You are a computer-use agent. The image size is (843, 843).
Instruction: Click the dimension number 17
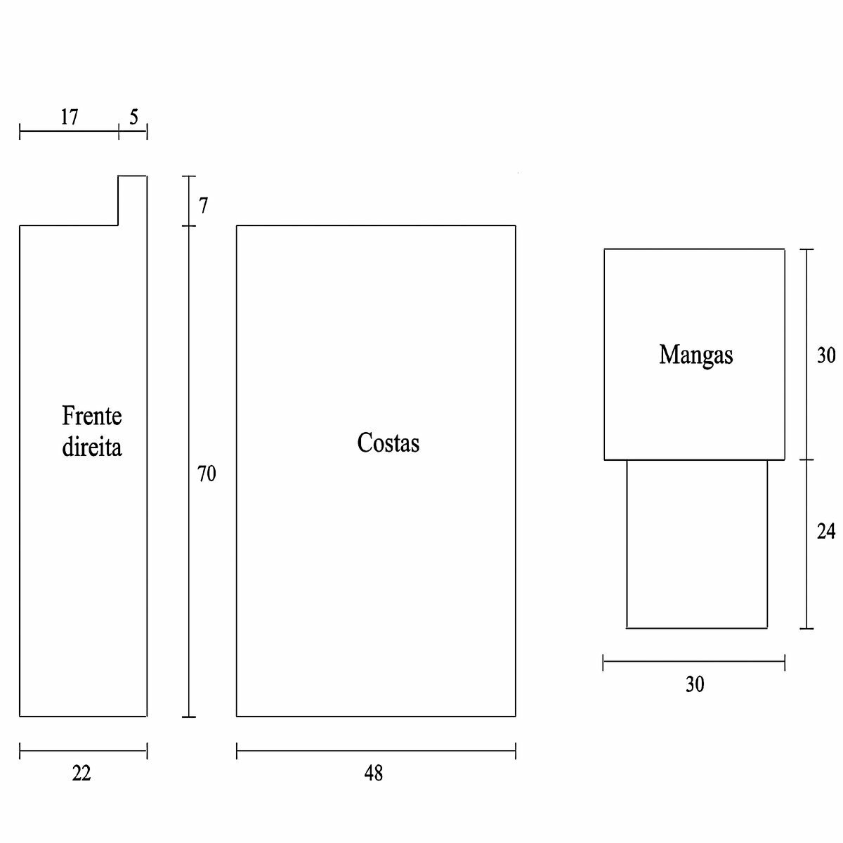coord(69,117)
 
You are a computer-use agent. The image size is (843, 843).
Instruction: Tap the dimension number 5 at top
coord(133,117)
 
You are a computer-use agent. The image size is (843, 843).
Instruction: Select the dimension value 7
coord(204,206)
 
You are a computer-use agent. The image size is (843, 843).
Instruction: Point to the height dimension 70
coord(207,474)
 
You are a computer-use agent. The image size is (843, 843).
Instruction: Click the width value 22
coord(81,773)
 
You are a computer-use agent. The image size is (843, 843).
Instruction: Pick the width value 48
coord(374,773)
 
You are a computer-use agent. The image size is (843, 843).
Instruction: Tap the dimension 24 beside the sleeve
coord(826,532)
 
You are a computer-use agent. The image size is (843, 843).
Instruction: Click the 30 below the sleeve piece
coord(695,684)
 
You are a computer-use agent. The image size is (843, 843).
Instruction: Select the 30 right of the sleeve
coord(826,355)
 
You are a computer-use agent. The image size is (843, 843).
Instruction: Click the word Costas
coord(388,443)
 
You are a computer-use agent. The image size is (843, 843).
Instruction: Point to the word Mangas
coord(695,355)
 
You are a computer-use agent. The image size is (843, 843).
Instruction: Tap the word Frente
coord(92,416)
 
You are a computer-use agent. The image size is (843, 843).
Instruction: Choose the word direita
coord(92,447)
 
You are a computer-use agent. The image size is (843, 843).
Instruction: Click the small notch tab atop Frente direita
coord(132,200)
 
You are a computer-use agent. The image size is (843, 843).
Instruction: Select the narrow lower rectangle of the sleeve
coord(697,544)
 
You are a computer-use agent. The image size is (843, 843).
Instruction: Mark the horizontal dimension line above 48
coord(376,751)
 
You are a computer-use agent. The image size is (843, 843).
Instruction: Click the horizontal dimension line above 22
coord(83,751)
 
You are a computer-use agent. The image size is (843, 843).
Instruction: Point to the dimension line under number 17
coord(69,131)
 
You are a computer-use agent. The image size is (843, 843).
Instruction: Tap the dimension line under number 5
coord(133,131)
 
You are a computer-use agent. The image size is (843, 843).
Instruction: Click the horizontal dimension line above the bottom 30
coord(694,661)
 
